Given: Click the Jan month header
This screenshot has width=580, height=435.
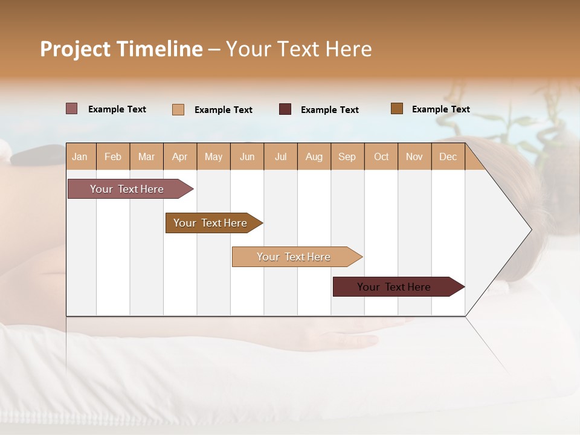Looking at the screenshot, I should tap(80, 156).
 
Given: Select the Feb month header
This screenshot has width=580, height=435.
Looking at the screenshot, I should tap(113, 156).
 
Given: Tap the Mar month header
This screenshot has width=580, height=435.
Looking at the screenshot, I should tap(146, 156).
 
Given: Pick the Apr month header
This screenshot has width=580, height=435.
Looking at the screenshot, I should tap(180, 156).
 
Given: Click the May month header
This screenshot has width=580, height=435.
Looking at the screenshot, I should tap(213, 156).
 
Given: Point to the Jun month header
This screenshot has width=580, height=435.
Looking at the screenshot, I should tap(247, 156).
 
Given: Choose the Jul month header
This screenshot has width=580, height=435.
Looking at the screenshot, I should tap(280, 156).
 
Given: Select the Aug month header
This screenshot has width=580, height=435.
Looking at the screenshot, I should tap(314, 156).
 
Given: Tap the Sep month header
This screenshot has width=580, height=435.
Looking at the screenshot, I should tap(347, 156).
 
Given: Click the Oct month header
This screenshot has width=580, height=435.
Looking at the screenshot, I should tap(381, 156).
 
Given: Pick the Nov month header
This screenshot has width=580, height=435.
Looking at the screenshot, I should tap(414, 156).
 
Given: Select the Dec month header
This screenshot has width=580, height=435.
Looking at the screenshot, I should tap(448, 156).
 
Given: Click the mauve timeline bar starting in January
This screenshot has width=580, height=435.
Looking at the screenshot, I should tap(127, 189).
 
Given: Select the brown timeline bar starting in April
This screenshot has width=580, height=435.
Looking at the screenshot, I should tap(211, 223).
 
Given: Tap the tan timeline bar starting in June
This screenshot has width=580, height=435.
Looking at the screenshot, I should tap(294, 257).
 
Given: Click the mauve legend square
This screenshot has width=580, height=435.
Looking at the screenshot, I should tap(72, 109).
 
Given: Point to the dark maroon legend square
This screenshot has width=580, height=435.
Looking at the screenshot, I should tap(285, 109).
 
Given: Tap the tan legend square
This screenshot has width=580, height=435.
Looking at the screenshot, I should tap(178, 109).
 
